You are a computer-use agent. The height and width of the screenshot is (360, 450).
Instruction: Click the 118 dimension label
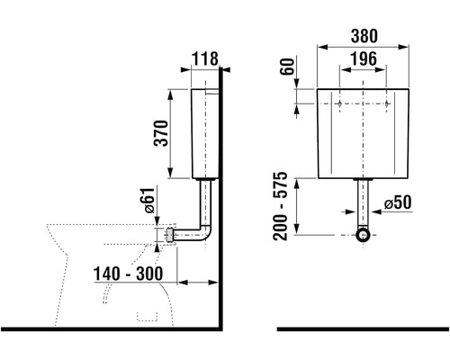pyautogui.click(x=205, y=58)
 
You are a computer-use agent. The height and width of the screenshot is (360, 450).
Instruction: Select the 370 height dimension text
pyautogui.click(x=161, y=133)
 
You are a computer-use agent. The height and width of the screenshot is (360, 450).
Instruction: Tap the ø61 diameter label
pyautogui.click(x=148, y=201)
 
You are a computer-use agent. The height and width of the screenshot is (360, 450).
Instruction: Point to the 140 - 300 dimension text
pyautogui.click(x=128, y=274)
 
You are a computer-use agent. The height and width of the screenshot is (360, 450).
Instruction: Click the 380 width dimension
pyautogui.click(x=364, y=36)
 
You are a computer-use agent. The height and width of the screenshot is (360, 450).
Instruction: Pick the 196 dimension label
pyautogui.click(x=364, y=58)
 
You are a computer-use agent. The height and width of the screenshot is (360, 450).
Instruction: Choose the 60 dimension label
pyautogui.click(x=287, y=67)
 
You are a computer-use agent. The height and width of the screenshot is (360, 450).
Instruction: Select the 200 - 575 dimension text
pyautogui.click(x=280, y=206)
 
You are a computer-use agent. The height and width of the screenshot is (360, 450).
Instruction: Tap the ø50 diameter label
pyautogui.click(x=398, y=202)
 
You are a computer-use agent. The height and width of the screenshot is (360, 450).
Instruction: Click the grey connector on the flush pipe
pyautogui.click(x=170, y=235)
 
